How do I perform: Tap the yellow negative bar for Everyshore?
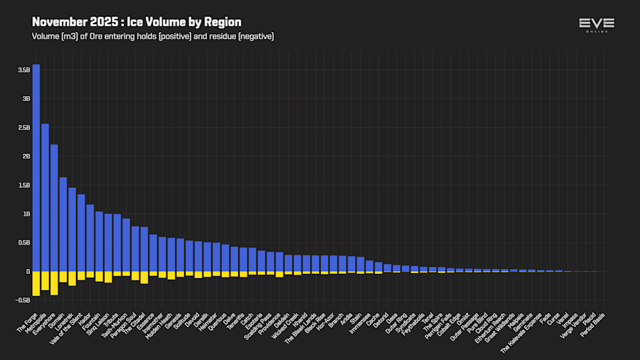pos(54,282)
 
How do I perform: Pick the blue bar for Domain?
pos(63,224)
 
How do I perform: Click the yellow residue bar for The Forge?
pos(36,283)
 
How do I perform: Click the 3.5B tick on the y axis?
pos(24,70)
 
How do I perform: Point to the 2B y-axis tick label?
pos(26,156)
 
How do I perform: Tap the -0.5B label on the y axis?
pos(23,300)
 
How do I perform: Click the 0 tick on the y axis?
pos(28,271)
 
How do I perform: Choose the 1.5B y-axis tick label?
pos(24,185)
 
